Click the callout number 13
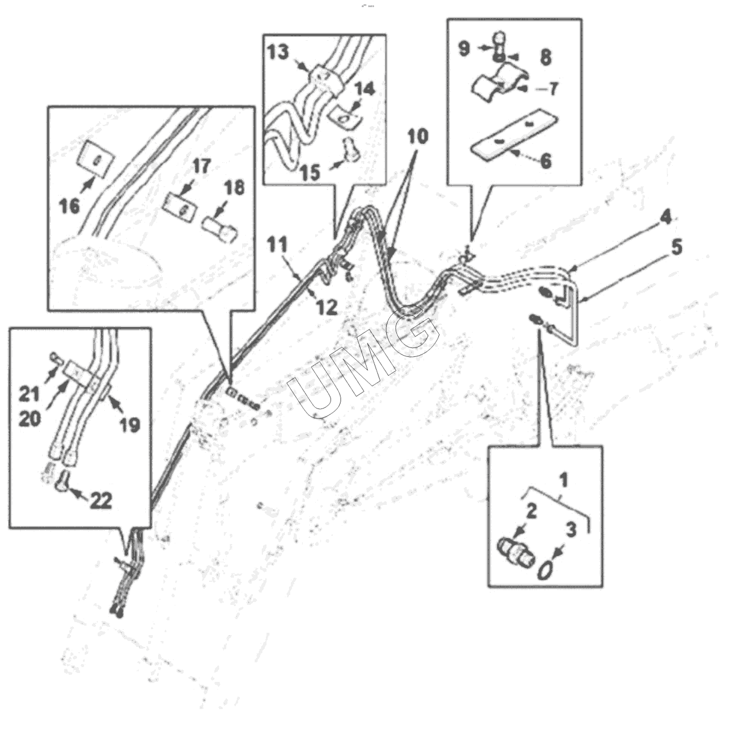click(278, 52)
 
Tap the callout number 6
click(545, 160)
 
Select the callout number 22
click(101, 501)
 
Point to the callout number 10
click(417, 137)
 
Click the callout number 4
click(666, 218)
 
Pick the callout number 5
click(676, 247)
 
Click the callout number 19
click(129, 424)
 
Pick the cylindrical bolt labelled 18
click(219, 228)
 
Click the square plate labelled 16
click(96, 157)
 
